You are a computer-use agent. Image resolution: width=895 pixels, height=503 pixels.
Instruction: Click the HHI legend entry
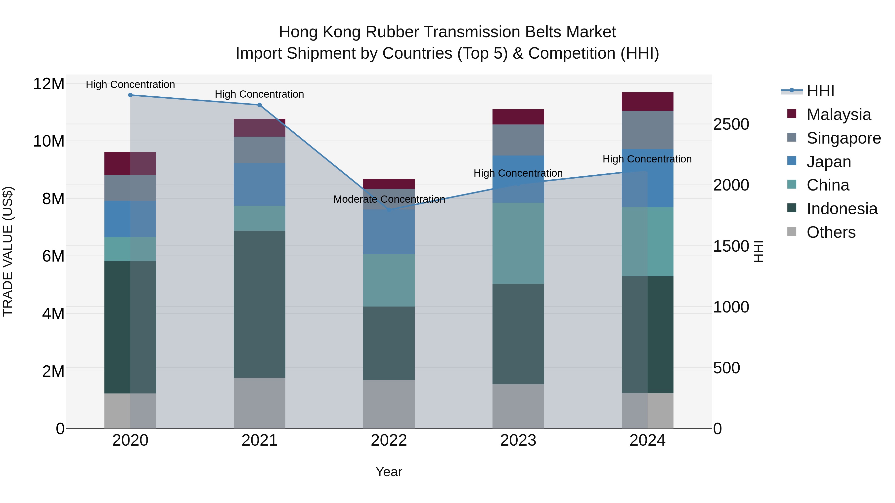pos(820,91)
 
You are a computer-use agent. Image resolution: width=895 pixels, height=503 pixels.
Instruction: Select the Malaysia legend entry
pos(838,115)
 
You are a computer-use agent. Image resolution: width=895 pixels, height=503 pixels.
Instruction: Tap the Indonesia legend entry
pos(842,209)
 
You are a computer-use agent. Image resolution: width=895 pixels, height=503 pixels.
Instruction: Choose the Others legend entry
pos(831,232)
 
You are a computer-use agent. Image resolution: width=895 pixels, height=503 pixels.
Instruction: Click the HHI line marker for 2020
pos(130,95)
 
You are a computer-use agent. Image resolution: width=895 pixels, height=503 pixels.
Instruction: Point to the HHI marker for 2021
pos(260,105)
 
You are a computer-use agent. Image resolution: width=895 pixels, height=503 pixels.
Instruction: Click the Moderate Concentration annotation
pos(389,199)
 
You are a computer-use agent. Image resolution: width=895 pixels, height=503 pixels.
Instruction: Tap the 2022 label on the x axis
pos(389,440)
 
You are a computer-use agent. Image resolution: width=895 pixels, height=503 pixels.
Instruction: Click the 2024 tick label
pos(647,440)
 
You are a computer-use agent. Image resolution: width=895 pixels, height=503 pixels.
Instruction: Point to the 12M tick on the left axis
pos(49,84)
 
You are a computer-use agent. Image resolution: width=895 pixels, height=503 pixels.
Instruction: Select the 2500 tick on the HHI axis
pos(731,124)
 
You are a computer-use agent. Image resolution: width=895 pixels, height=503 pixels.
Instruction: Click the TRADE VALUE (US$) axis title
pos(8,251)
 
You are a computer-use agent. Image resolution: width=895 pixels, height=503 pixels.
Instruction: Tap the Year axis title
pos(389,472)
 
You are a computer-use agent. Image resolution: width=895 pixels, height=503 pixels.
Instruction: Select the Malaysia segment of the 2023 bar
pos(518,117)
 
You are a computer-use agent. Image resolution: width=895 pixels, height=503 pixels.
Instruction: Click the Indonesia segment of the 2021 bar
pos(260,304)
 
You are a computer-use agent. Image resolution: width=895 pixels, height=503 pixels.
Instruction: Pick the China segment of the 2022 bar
pos(389,280)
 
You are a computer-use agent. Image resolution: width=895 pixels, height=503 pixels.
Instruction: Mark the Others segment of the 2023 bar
pos(518,406)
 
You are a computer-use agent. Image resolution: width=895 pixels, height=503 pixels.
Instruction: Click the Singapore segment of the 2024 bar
pos(647,130)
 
